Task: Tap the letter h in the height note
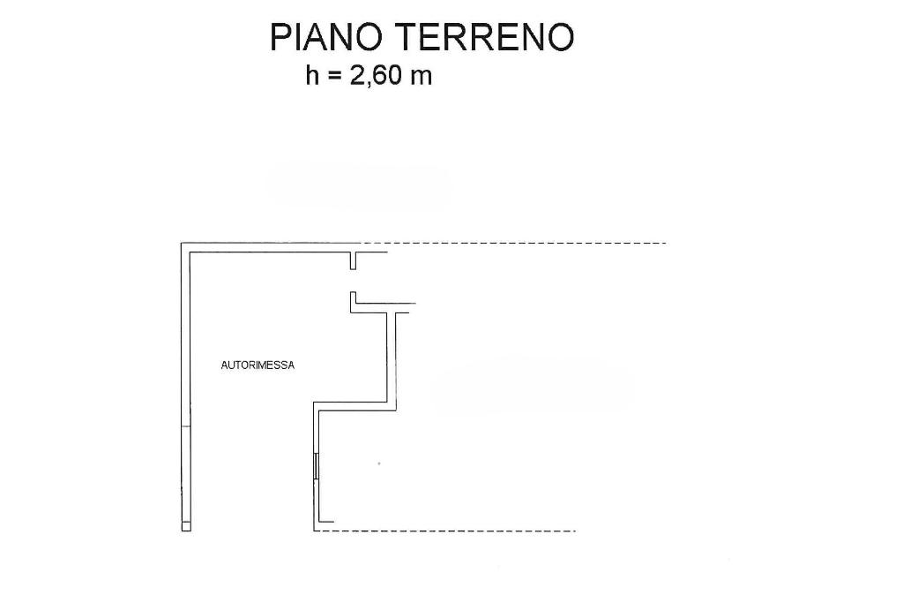point(311,75)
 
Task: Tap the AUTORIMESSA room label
point(257,365)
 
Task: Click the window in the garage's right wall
point(316,466)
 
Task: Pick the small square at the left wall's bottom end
point(186,526)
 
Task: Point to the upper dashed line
point(516,243)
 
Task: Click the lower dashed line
point(450,531)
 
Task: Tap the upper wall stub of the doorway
point(353,261)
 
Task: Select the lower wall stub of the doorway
point(353,300)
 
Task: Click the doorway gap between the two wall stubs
point(353,281)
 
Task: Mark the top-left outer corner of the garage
point(182,243)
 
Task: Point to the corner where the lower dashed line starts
point(315,531)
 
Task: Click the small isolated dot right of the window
point(379,463)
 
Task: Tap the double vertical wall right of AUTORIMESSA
point(392,357)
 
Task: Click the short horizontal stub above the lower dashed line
point(325,522)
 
